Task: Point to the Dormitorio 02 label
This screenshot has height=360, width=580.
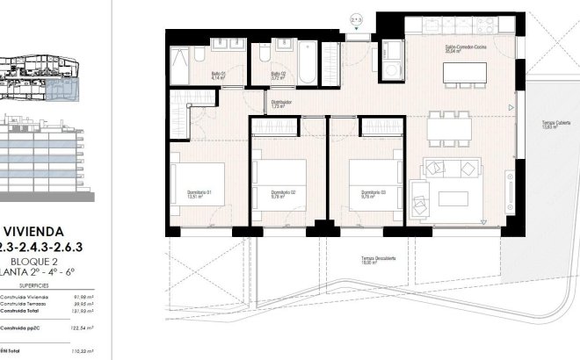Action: (x=283, y=194)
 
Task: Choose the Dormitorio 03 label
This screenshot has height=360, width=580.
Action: (x=373, y=194)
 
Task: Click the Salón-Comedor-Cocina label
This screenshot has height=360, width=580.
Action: (x=460, y=50)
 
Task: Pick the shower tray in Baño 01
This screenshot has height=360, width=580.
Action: (x=178, y=63)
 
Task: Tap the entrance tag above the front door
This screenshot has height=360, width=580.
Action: (x=355, y=18)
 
